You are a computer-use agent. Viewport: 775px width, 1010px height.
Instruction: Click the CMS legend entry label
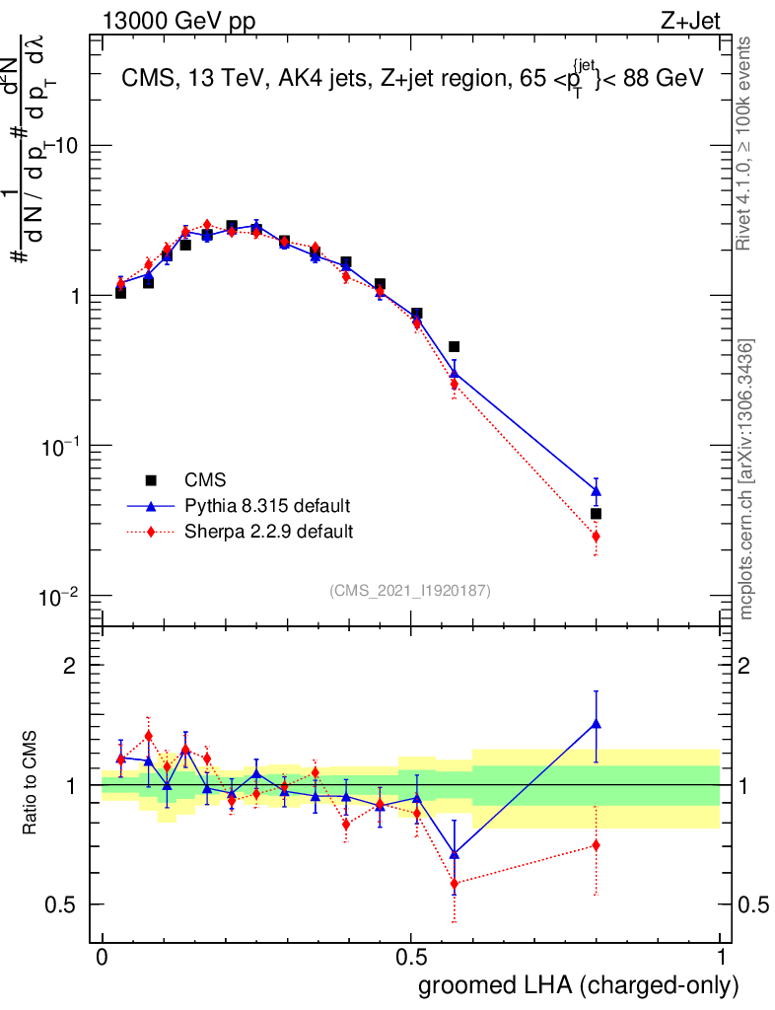205,480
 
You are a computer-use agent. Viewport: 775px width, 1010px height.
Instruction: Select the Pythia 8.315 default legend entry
267,506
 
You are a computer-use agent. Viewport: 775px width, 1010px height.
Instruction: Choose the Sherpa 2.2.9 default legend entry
269,532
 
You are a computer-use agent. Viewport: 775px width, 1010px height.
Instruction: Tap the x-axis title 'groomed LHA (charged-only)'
580,984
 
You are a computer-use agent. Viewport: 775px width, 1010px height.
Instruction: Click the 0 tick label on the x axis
103,957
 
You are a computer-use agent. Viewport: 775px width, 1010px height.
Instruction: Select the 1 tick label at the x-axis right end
720,957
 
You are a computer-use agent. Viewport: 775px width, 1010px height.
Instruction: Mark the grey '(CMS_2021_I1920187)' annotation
410,590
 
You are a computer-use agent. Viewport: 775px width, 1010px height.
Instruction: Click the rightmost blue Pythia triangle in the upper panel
596,490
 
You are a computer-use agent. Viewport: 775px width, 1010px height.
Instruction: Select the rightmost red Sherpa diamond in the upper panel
596,537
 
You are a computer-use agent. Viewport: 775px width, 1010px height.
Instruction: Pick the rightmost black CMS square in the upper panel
596,514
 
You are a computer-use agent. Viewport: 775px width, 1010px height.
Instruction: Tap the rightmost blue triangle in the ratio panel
596,723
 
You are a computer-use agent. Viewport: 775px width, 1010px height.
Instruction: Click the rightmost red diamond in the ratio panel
596,845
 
